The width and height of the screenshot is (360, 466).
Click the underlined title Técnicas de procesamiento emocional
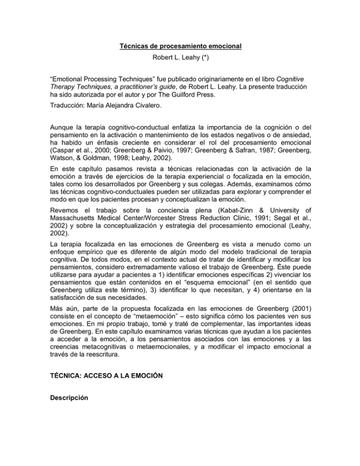pyautogui.click(x=180, y=48)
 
